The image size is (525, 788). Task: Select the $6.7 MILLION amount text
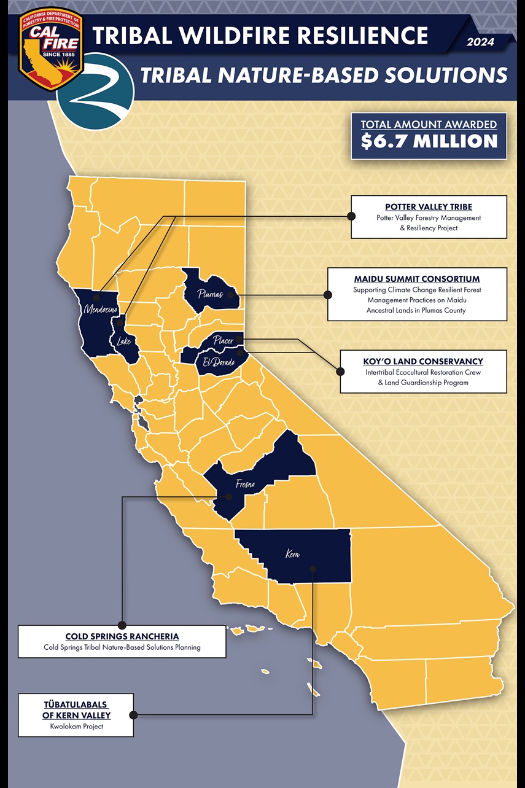pos(429,141)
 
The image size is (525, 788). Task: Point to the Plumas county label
pos(210,294)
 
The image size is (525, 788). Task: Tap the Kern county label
pos(293,554)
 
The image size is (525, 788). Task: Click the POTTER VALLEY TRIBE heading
pos(429,207)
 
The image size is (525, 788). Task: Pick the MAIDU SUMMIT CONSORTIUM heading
pos(417,279)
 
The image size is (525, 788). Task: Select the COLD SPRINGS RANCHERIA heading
pos(122,636)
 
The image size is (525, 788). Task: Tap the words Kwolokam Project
pos(76,726)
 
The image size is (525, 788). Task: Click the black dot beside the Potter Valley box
pos(351,216)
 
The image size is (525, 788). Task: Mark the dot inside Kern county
pos(313,569)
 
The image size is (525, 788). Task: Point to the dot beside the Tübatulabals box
pos(133,715)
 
